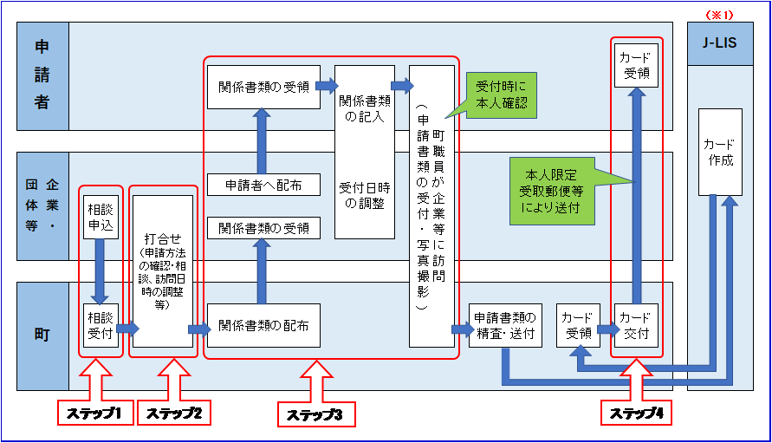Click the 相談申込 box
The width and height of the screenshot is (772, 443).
tap(101, 218)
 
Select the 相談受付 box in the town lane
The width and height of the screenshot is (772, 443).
tap(101, 325)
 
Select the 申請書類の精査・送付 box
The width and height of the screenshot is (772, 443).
tap(504, 325)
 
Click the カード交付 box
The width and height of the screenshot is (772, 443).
tap(636, 325)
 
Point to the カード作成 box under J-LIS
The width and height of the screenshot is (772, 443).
tap(720, 152)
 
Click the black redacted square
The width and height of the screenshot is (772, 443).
tap(636, 65)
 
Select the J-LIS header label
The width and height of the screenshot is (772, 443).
tap(720, 43)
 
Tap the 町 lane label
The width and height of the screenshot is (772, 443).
tap(42, 335)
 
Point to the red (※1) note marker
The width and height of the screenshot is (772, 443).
tap(719, 15)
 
